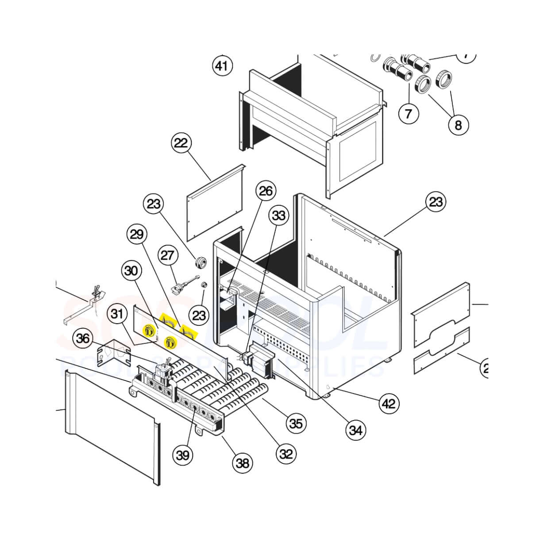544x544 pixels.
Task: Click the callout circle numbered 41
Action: point(222,66)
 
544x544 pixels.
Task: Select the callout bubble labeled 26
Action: point(266,191)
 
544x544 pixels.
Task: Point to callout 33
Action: point(279,216)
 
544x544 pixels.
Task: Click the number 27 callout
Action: point(168,255)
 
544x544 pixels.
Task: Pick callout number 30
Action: point(131,270)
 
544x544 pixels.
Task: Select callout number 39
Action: point(183,455)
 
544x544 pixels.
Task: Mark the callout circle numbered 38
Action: point(243,463)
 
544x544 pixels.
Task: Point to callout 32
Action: point(286,453)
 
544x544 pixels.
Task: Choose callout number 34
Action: point(356,429)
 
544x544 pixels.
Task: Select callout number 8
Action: point(458,125)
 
